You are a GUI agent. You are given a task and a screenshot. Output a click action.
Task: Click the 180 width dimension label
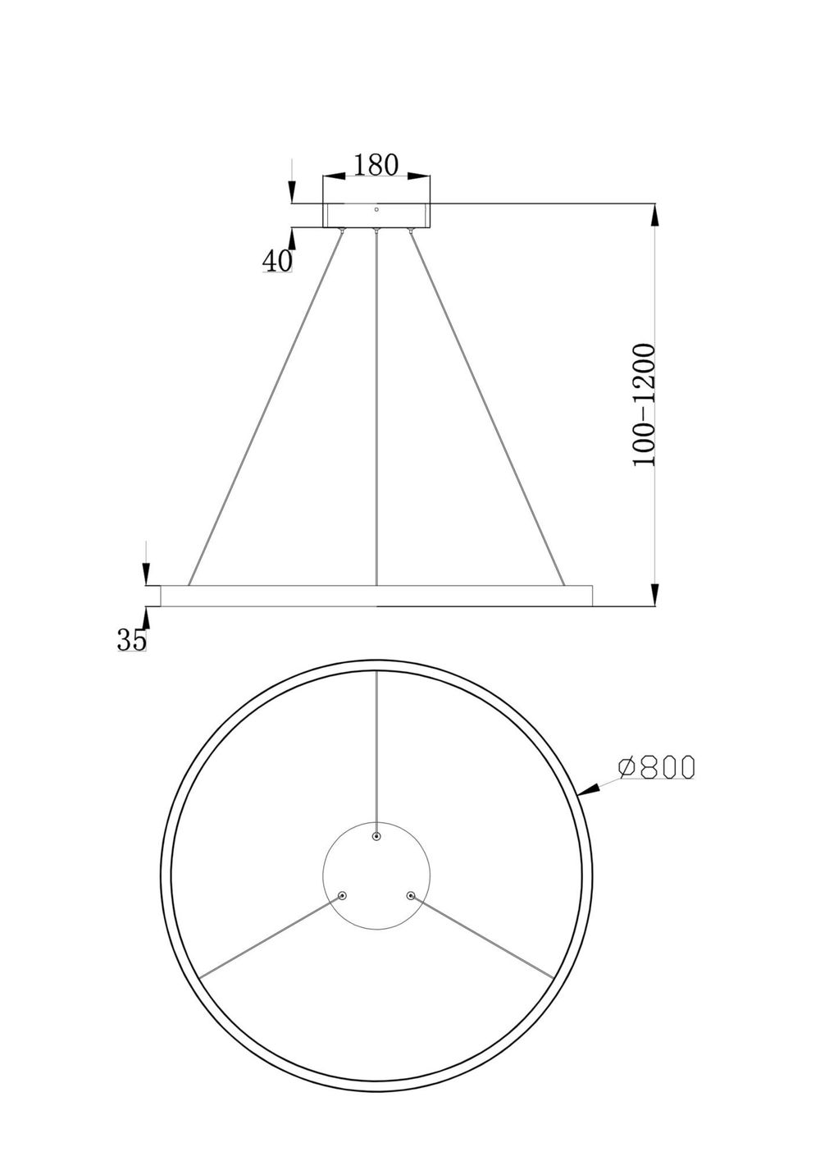[376, 165]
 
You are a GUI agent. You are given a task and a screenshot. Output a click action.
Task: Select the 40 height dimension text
[277, 261]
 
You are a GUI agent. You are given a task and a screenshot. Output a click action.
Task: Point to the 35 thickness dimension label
[131, 640]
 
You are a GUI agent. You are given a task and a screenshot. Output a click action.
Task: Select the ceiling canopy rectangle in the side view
[377, 215]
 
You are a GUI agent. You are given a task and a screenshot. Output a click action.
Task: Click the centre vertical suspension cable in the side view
[376, 410]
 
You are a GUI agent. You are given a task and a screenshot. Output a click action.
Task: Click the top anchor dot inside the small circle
[376, 837]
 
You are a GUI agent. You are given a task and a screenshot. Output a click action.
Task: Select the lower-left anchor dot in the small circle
[343, 896]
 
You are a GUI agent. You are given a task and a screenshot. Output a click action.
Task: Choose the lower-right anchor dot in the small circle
[410, 896]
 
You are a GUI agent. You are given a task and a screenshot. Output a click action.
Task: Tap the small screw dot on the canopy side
[376, 208]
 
